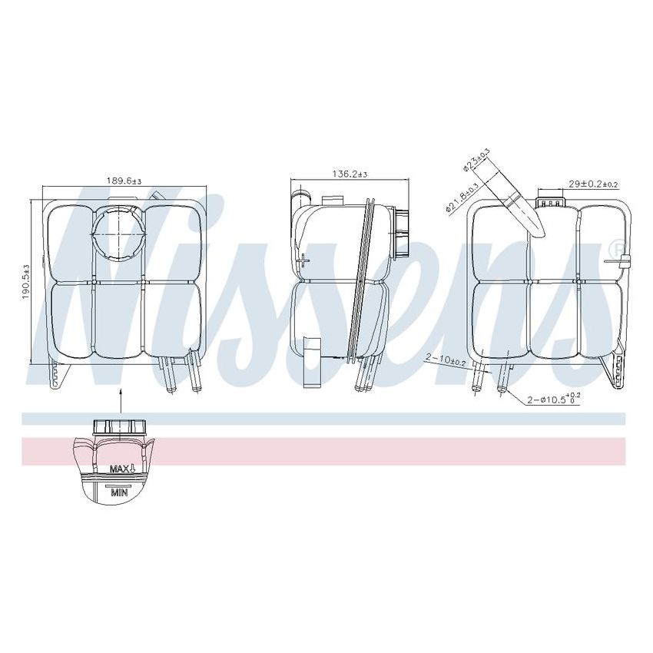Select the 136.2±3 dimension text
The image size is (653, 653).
[x=350, y=175]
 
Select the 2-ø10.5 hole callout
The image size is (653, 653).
[x=553, y=398]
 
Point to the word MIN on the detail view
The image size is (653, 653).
[x=118, y=492]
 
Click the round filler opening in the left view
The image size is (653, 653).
[x=118, y=229]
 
